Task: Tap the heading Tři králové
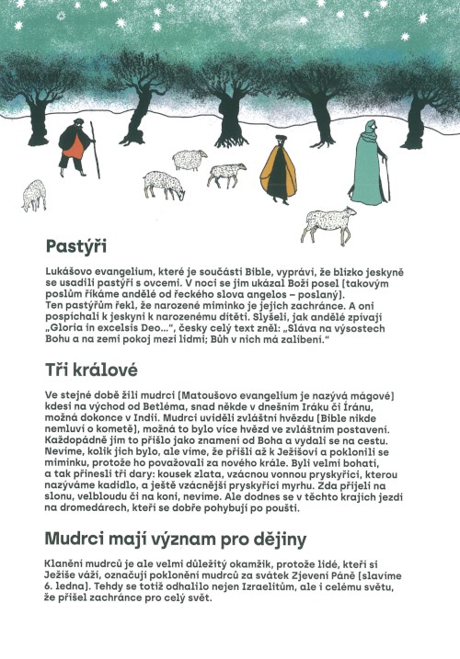[x=91, y=370]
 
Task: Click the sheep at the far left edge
[x=34, y=194]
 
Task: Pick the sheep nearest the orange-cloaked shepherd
[x=226, y=173]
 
